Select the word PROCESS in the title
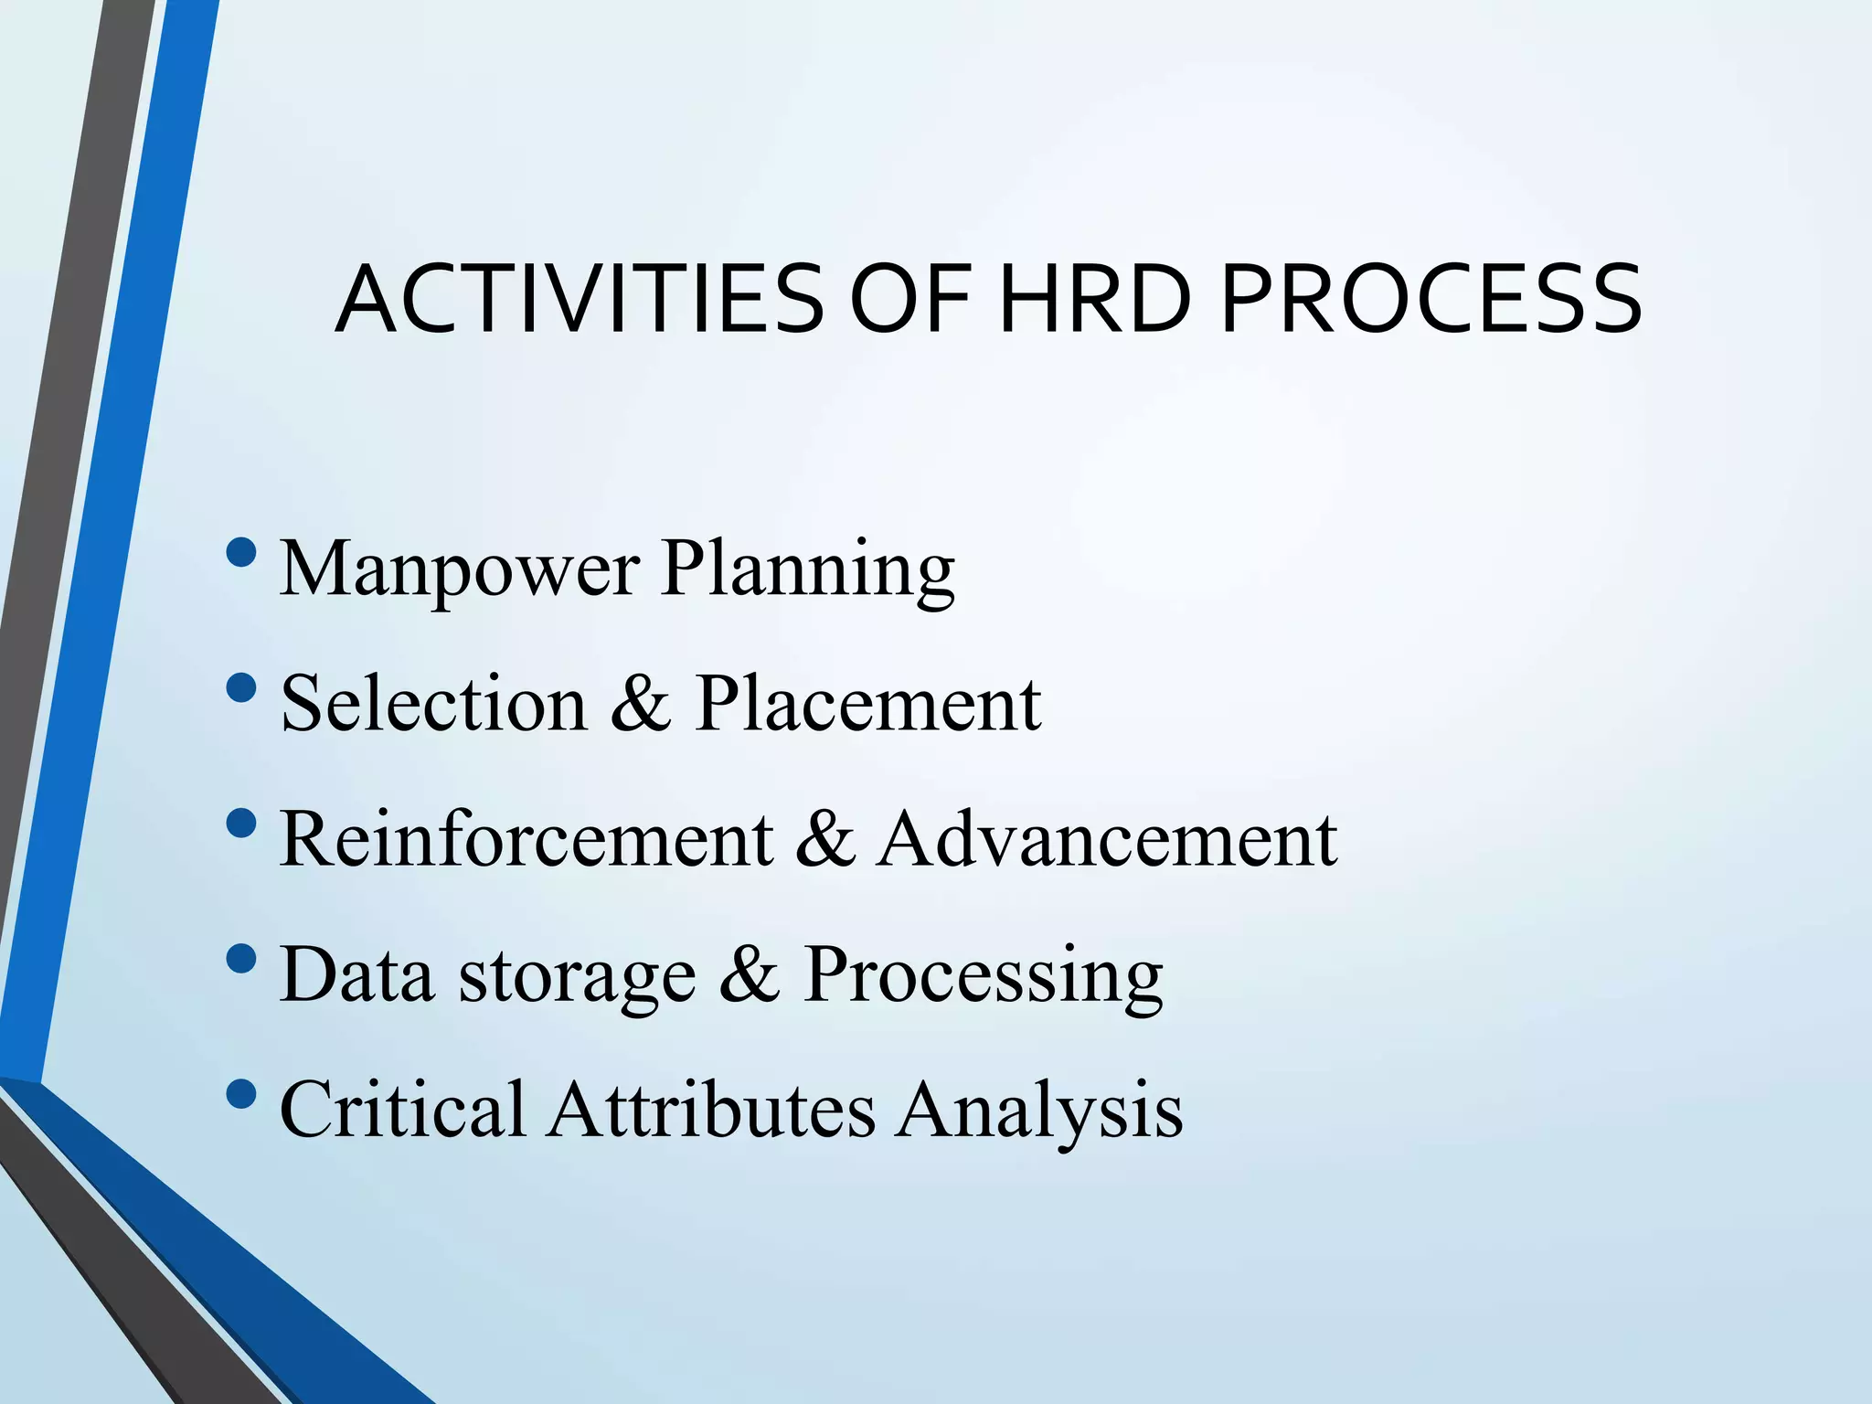point(1431,300)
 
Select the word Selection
point(433,704)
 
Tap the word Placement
point(867,704)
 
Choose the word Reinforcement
point(526,839)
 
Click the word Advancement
point(1108,839)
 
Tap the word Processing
point(983,974)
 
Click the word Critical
point(403,1109)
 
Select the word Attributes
point(711,1109)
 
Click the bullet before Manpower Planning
point(240,553)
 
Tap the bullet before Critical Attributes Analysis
point(240,1094)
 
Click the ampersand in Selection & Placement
point(640,704)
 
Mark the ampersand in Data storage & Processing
point(749,974)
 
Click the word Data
point(356,974)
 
